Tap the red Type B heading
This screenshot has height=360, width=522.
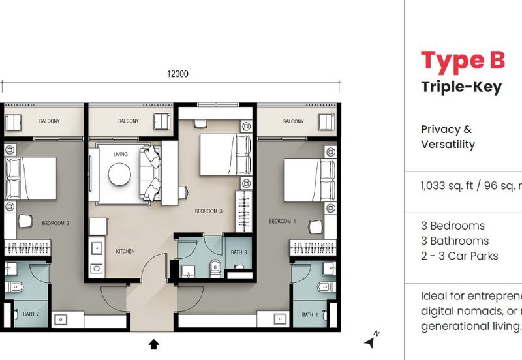point(463,60)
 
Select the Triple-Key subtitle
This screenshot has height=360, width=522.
point(461,87)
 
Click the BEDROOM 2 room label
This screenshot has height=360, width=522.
point(55,223)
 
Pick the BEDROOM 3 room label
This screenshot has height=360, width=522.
point(208,211)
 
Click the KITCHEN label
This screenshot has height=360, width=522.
point(125,250)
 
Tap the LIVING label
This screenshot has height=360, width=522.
point(121,154)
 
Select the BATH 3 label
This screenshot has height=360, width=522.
point(238,252)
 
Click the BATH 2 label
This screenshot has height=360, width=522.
point(32,314)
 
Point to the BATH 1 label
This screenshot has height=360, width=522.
point(309,315)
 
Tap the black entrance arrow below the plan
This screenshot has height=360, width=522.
point(153,344)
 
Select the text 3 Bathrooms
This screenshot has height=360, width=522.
point(455,241)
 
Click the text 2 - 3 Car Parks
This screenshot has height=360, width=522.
point(459,256)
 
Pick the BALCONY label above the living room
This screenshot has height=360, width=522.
point(129,121)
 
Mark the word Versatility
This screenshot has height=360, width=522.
point(448,145)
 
